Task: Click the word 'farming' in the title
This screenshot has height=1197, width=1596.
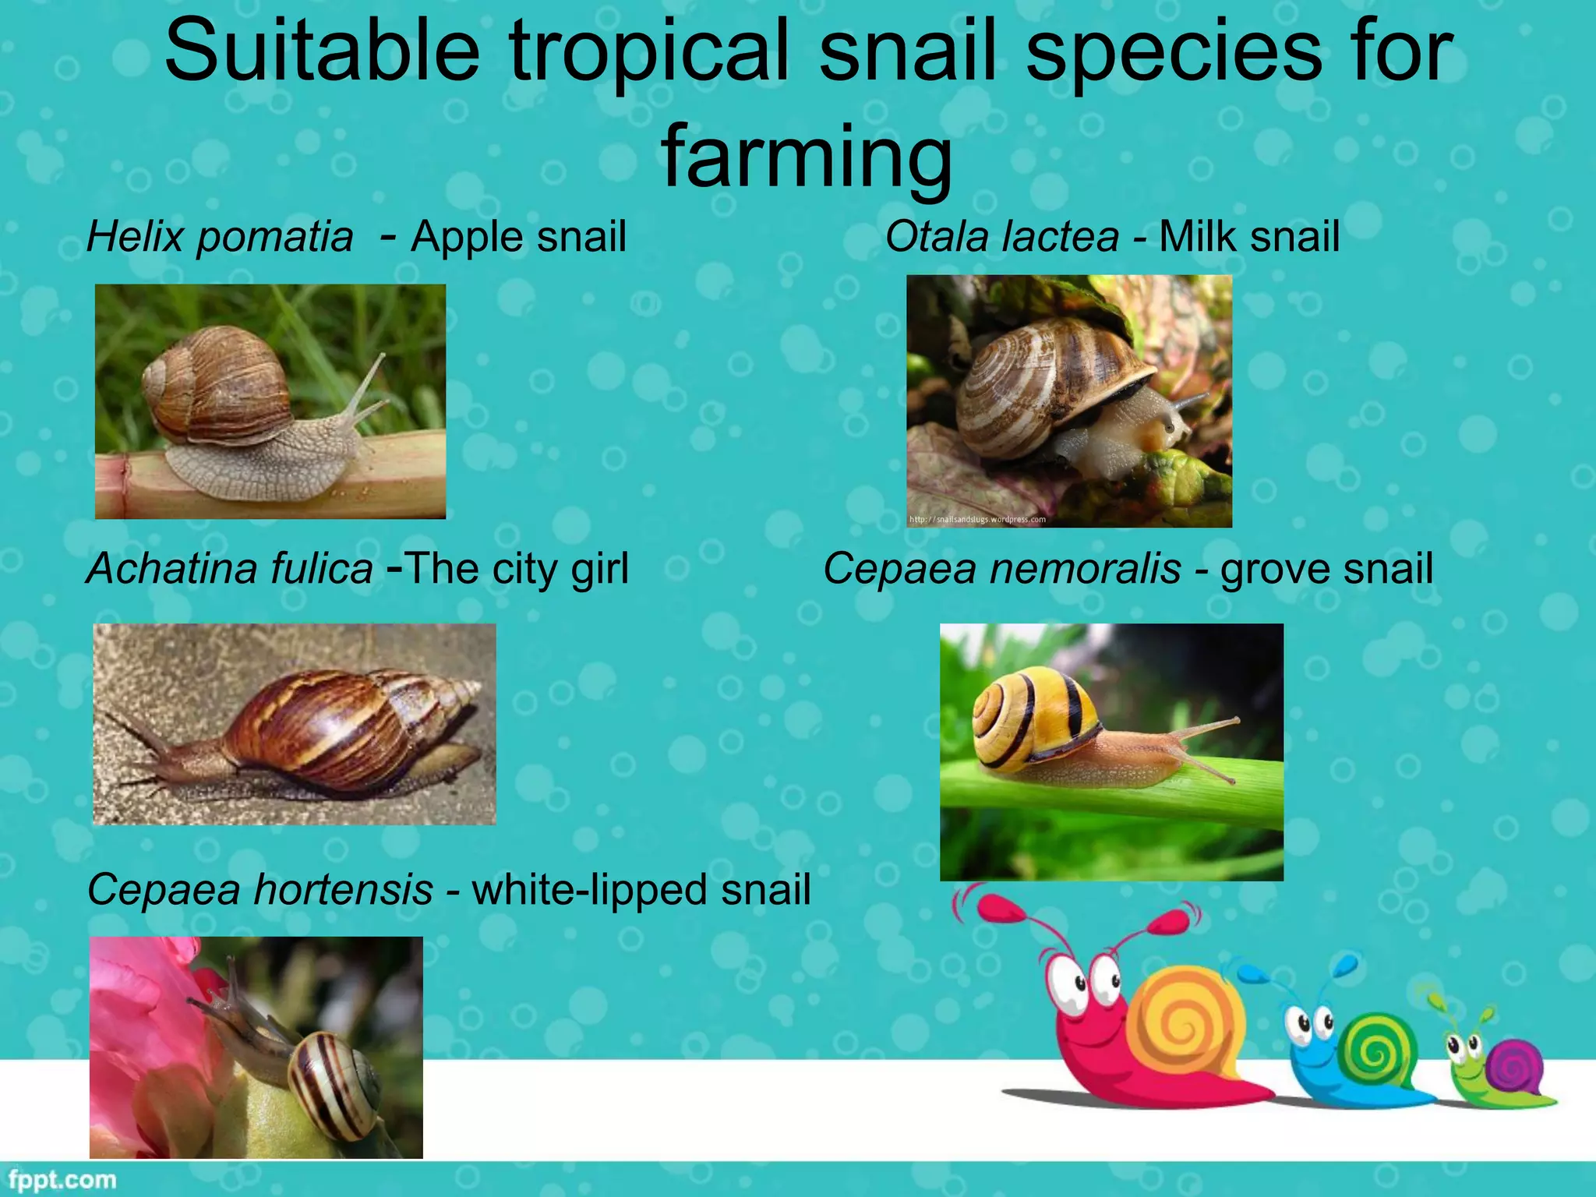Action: coord(807,156)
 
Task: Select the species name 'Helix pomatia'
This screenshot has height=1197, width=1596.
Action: coord(220,236)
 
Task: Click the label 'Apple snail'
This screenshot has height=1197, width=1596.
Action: coord(518,236)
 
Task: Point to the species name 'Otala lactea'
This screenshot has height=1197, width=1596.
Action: coord(1002,236)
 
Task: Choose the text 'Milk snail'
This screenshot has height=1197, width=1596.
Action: coord(1249,236)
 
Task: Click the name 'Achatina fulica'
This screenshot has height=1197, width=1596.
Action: coord(230,568)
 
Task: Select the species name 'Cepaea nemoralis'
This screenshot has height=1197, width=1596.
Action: coord(1002,568)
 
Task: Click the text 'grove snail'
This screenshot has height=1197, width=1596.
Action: coord(1326,568)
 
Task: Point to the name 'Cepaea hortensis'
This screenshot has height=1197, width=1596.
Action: coord(260,889)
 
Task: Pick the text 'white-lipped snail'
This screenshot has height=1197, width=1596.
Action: coord(641,889)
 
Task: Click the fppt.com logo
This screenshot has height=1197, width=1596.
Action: coord(62,1180)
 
